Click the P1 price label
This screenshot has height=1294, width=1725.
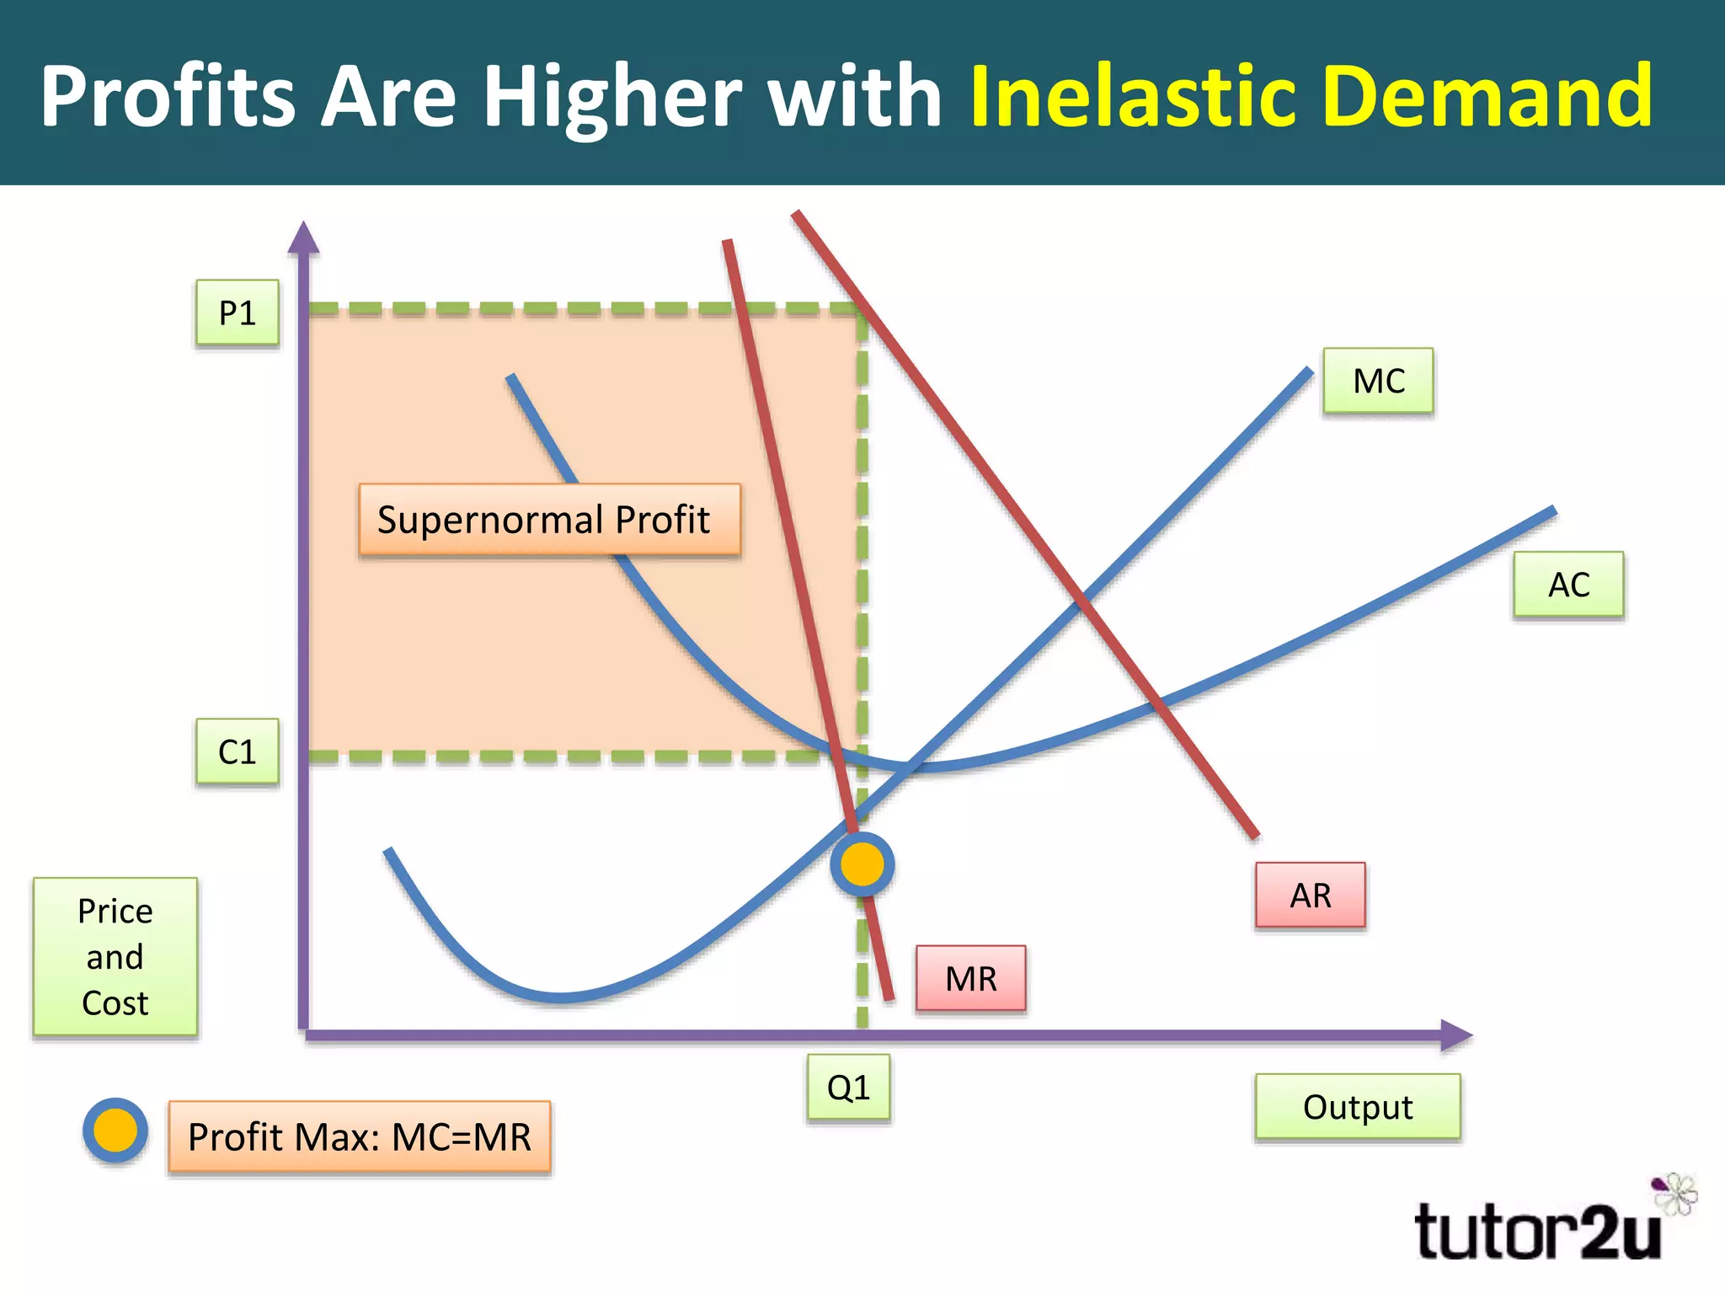click(x=237, y=313)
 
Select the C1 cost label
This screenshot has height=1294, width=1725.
click(x=237, y=751)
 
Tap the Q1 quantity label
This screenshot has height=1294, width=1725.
click(x=848, y=1088)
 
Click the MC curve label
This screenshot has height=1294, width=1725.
click(x=1378, y=381)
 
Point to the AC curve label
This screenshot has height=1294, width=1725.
click(x=1568, y=585)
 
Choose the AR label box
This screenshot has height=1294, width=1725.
click(x=1310, y=895)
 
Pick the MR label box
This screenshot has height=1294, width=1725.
click(x=970, y=978)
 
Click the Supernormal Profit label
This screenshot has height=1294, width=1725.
click(x=549, y=520)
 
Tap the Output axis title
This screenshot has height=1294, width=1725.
click(x=1357, y=1107)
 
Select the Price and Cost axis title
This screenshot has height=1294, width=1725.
click(x=115, y=956)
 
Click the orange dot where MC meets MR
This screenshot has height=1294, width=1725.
click(x=862, y=864)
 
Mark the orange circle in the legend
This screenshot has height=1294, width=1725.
click(x=115, y=1131)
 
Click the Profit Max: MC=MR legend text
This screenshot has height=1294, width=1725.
click(x=360, y=1136)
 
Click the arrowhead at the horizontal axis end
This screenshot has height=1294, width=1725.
click(x=1455, y=1035)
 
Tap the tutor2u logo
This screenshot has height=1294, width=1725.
click(x=1538, y=1232)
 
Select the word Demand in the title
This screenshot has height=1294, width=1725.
click(x=1488, y=96)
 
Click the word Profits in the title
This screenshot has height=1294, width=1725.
click(x=168, y=96)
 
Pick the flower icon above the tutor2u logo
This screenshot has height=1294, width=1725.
click(x=1676, y=1193)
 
